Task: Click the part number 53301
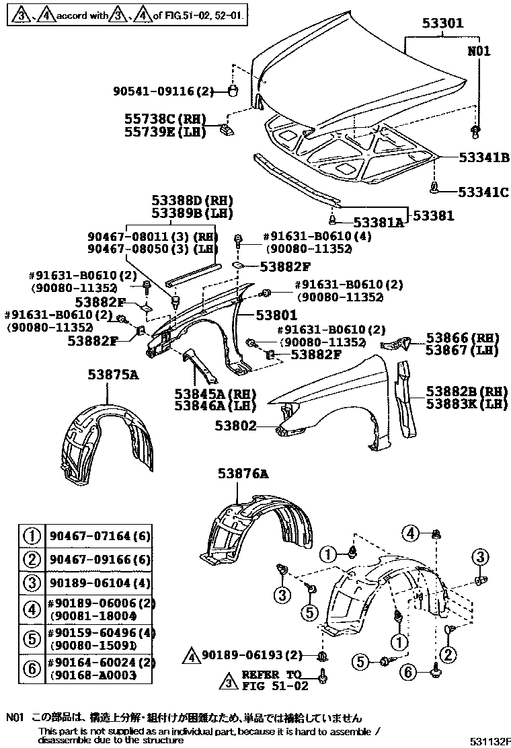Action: [x=443, y=24]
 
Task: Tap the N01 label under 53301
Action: [x=479, y=51]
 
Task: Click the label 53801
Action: [x=275, y=314]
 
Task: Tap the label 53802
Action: [x=236, y=425]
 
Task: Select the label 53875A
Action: [x=112, y=375]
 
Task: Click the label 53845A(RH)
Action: [x=210, y=393]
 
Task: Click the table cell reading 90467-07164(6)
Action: [x=100, y=536]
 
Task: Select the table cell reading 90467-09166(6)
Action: [x=100, y=558]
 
